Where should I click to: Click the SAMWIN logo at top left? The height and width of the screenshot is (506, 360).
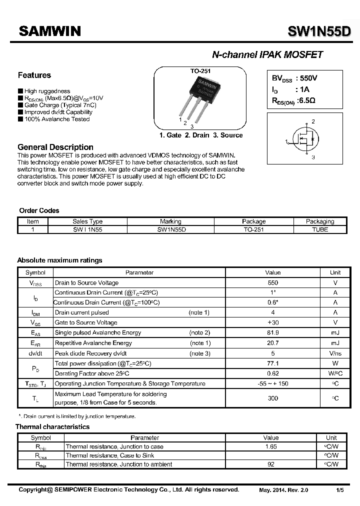(x=49, y=31)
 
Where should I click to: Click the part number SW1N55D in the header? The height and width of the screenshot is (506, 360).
(x=319, y=32)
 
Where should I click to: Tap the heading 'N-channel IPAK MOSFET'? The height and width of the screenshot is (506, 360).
(x=267, y=55)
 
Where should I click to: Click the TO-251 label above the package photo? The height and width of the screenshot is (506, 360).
(x=200, y=71)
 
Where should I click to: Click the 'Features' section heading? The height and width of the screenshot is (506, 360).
(x=34, y=75)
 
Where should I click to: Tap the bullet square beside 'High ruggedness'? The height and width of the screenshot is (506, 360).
(x=20, y=91)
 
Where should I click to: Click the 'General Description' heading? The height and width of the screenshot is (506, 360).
(x=55, y=147)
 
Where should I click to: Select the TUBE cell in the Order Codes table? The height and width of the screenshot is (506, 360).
(x=320, y=229)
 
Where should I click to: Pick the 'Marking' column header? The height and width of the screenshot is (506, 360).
(x=170, y=221)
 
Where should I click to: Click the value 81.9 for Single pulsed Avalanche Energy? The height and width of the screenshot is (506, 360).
(x=273, y=332)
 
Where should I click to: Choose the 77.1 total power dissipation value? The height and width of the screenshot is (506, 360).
(x=273, y=363)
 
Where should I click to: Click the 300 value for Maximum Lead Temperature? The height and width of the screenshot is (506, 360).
(x=273, y=398)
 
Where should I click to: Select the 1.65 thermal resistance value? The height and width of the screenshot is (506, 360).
(x=270, y=446)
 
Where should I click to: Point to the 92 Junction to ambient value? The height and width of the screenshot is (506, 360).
(x=270, y=464)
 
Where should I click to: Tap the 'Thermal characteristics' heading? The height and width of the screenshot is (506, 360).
(x=52, y=427)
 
